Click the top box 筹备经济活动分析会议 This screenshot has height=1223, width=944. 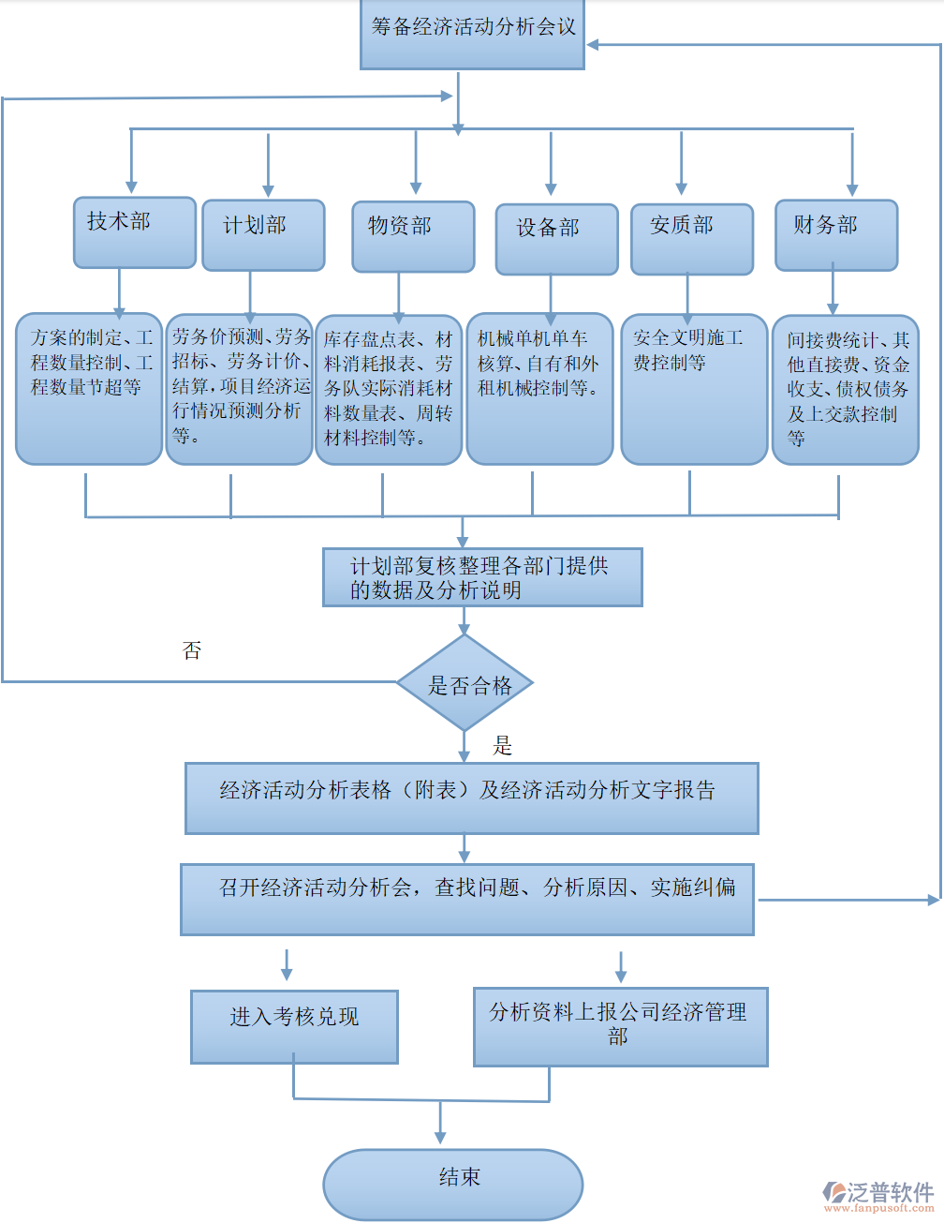tap(472, 34)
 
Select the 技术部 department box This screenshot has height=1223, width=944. tap(134, 231)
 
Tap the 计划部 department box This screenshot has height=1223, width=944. tap(263, 235)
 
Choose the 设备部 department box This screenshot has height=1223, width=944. tap(556, 239)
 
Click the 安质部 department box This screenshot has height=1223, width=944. tap(691, 239)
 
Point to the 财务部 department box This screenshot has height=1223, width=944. tap(835, 234)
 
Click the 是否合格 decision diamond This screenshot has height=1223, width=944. tap(465, 684)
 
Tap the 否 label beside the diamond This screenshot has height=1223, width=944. tap(192, 650)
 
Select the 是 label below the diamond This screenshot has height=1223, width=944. tap(503, 746)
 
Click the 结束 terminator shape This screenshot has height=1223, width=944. tap(453, 1184)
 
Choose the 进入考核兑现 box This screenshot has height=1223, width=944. tap(294, 1026)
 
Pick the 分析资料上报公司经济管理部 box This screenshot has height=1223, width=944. tap(620, 1026)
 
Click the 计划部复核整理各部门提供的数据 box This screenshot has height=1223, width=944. tap(482, 577)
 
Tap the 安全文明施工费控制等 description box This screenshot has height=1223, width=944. tap(693, 389)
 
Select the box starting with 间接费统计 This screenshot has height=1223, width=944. tap(845, 389)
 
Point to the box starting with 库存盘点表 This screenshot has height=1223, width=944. tap(389, 389)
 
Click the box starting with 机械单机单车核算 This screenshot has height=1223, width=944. tap(539, 389)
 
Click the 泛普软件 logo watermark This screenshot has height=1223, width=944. tap(878, 1196)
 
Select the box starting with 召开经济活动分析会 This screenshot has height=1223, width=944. tap(466, 899)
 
